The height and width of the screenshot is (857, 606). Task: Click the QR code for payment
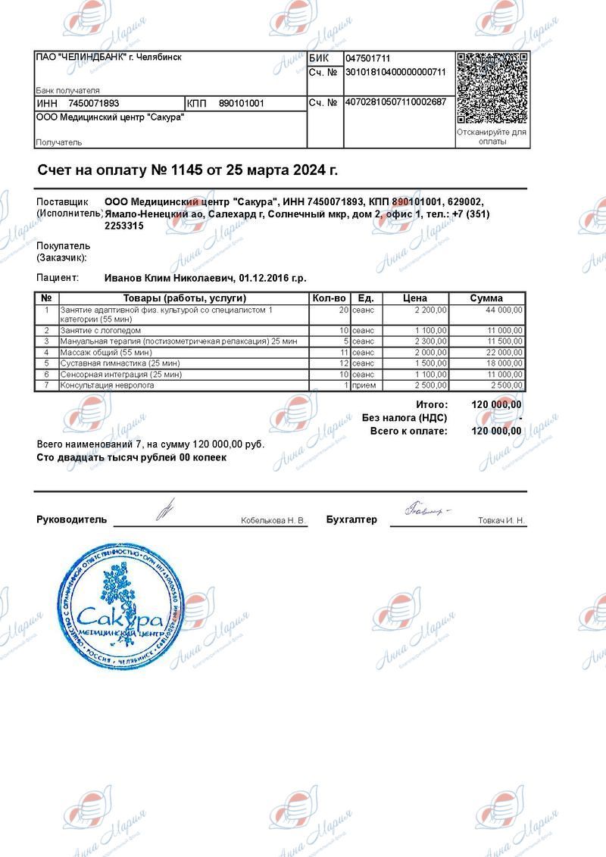point(492,88)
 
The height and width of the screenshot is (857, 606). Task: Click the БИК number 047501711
point(368,58)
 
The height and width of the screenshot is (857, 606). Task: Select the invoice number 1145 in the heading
point(186,170)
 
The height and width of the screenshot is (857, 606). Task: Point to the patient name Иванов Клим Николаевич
point(170,278)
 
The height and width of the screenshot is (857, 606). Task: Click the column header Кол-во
point(330,298)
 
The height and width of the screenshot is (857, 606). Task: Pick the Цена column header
point(415,298)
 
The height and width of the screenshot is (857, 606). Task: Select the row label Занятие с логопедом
point(101,331)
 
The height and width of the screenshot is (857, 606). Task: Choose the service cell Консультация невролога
point(108,385)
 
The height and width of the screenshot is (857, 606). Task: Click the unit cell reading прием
point(364,385)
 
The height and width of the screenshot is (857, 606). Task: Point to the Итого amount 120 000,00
point(496,405)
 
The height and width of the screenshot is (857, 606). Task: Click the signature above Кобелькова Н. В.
point(165,509)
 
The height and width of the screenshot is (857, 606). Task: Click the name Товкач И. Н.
point(501,521)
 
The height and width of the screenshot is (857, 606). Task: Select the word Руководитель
point(72,520)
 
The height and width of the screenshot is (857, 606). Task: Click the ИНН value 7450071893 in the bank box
point(94,103)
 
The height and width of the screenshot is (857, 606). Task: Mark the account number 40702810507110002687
point(395,102)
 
